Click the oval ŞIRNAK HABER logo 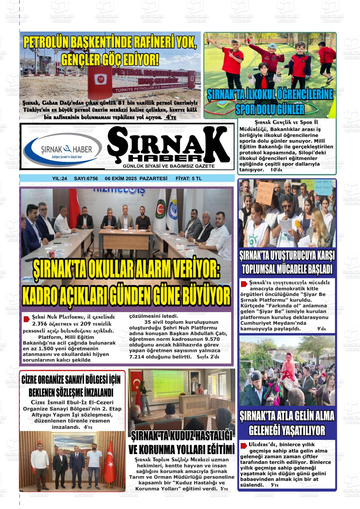tap(63, 150)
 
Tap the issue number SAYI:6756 tap(86, 179)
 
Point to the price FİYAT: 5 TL tap(189, 179)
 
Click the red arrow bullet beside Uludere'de tap(243, 446)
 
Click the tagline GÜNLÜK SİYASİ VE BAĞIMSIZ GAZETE tap(169, 166)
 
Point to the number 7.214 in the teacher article tap(137, 357)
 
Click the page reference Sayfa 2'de tap(208, 357)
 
